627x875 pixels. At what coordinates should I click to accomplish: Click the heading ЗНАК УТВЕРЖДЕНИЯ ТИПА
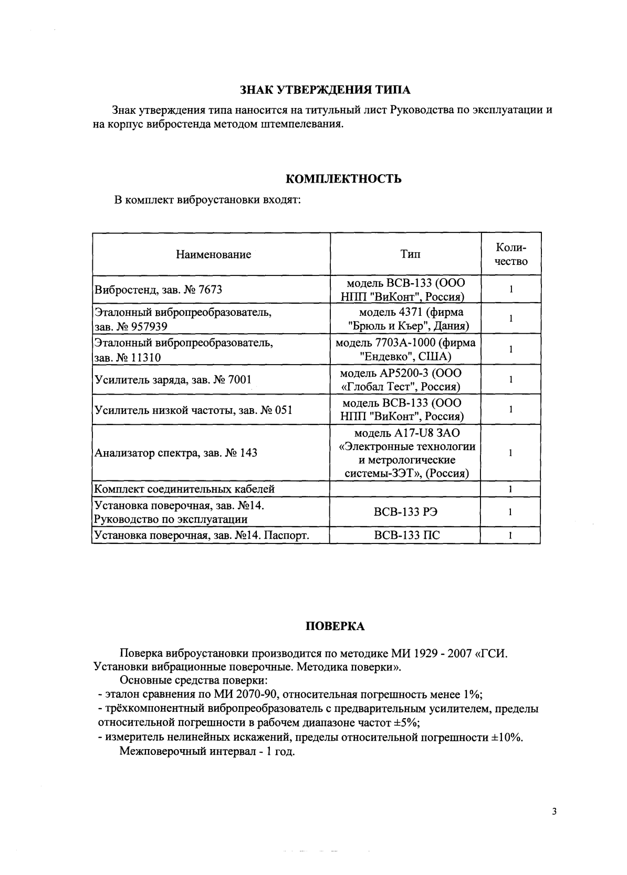tap(325, 90)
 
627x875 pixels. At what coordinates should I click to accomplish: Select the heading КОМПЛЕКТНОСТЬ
tap(343, 179)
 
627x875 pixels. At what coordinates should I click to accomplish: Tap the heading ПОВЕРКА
tap(335, 626)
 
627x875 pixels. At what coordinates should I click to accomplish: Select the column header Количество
tap(511, 254)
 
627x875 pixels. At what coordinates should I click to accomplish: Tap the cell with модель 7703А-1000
tap(405, 349)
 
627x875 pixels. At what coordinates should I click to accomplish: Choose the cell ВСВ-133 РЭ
tap(405, 512)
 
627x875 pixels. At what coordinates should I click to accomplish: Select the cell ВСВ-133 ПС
tap(406, 536)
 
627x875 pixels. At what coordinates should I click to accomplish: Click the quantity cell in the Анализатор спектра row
tap(510, 453)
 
